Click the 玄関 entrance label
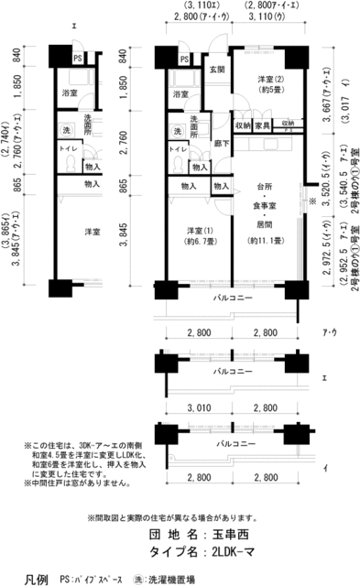(x=217, y=71)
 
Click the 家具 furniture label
(x=263, y=125)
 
